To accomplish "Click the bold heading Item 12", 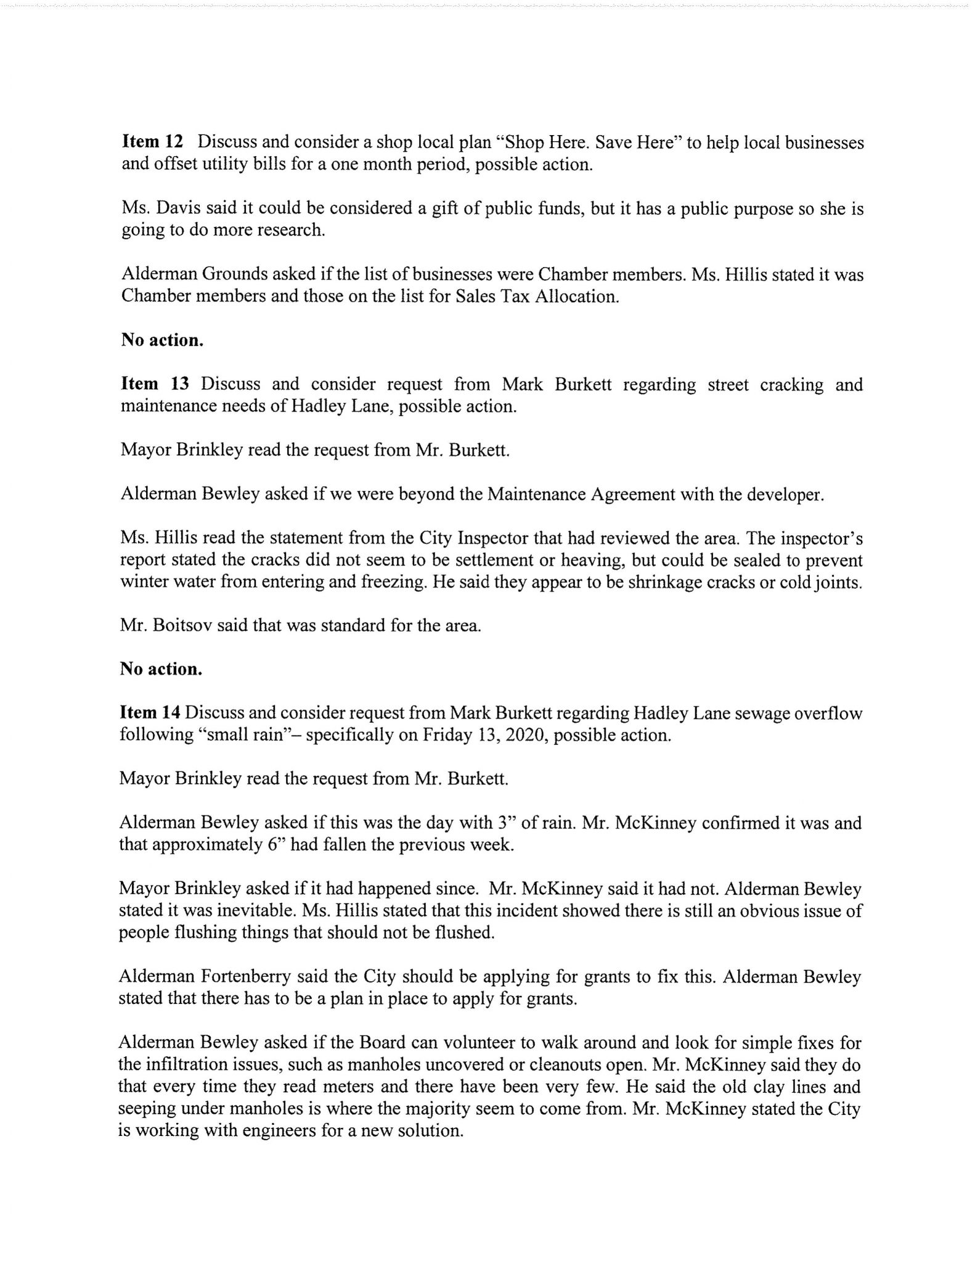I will (x=152, y=142).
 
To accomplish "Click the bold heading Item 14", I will (x=150, y=713).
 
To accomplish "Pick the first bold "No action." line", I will (x=161, y=340).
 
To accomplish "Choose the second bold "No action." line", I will (x=161, y=669).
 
